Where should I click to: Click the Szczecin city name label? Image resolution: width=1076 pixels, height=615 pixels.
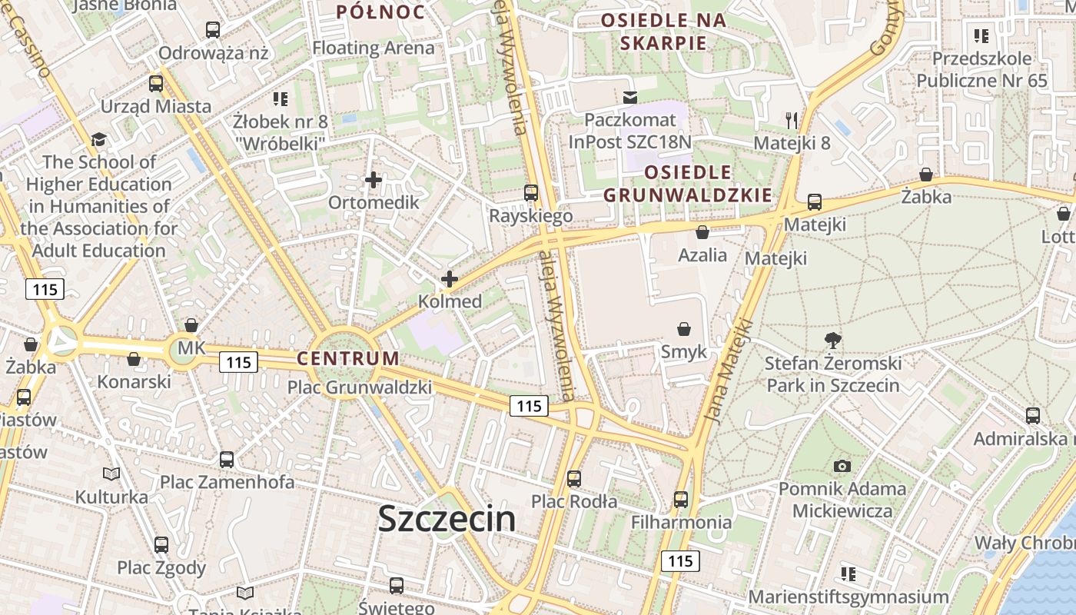click(x=447, y=520)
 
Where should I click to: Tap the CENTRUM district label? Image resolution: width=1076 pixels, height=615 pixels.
click(x=348, y=358)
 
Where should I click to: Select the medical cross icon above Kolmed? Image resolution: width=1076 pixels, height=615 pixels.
click(x=450, y=279)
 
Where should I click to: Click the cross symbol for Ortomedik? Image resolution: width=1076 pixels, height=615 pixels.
click(x=374, y=181)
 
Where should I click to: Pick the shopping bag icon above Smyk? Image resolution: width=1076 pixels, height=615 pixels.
click(x=683, y=330)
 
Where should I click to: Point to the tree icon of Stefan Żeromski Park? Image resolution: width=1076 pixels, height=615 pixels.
click(x=832, y=340)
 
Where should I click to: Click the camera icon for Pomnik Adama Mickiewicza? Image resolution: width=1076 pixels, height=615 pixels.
click(x=842, y=466)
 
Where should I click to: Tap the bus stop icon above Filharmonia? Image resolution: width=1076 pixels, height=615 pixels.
click(x=681, y=500)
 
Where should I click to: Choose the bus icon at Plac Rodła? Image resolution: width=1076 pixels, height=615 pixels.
click(x=574, y=479)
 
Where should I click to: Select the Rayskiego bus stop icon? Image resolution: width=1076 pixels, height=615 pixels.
click(x=531, y=193)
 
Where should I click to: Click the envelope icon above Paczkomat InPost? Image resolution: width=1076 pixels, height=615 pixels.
click(x=630, y=97)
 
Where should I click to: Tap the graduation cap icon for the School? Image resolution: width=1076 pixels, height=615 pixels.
click(x=98, y=139)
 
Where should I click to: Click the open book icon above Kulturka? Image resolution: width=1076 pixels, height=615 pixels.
click(x=111, y=474)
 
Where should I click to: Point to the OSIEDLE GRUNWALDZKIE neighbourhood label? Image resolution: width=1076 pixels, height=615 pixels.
click(x=688, y=183)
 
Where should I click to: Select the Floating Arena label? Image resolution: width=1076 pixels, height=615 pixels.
click(x=373, y=48)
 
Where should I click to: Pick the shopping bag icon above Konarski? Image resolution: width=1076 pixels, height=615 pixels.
click(x=134, y=359)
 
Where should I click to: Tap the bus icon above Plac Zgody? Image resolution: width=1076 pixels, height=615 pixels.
click(x=161, y=545)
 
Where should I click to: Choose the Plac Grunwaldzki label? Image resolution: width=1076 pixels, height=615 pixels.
click(x=359, y=387)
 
